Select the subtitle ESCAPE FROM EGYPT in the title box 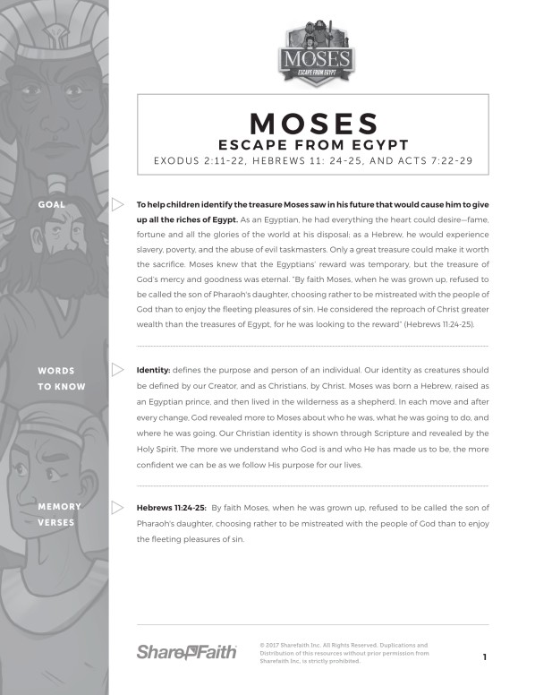[x=312, y=144]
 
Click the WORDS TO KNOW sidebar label [x=62, y=378]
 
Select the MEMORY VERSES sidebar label [x=59, y=514]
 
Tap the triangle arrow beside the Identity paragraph [x=117, y=369]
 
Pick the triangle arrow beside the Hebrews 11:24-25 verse [x=117, y=507]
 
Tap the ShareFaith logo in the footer [x=186, y=652]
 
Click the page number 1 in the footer [x=484, y=657]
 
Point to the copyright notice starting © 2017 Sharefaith [x=344, y=653]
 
